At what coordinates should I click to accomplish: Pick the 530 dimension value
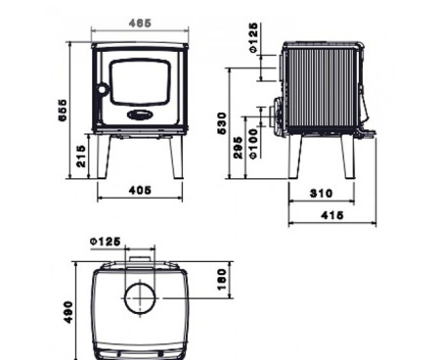[224, 122]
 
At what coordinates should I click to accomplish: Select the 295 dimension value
[239, 147]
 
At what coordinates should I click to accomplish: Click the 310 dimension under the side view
[322, 194]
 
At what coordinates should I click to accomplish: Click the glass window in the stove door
[141, 81]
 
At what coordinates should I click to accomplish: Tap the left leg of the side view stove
[294, 157]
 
